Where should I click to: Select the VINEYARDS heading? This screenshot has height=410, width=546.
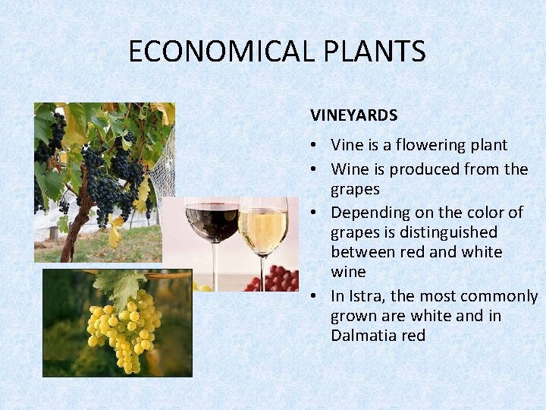[x=353, y=115]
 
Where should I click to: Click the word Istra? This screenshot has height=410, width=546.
[x=363, y=296]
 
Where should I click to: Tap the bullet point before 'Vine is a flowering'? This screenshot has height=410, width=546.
[x=315, y=145]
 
